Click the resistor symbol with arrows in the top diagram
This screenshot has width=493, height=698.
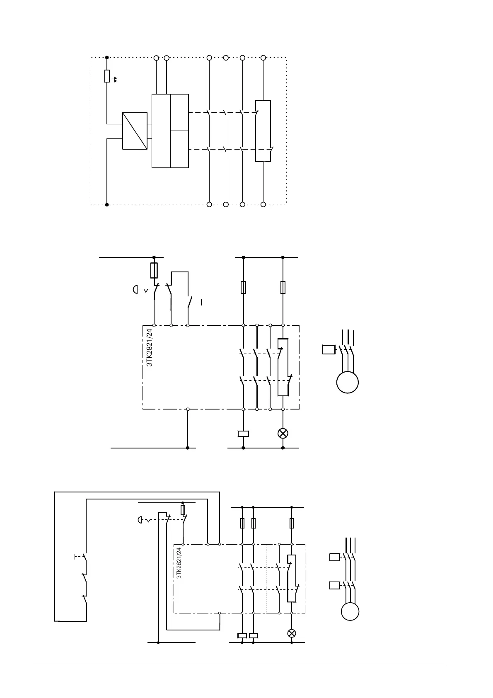point(107,76)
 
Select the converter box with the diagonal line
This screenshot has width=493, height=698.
point(135,131)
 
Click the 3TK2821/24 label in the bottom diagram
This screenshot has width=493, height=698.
point(179,563)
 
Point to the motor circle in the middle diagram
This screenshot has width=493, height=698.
point(347,382)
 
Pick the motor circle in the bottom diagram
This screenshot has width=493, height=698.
point(350,611)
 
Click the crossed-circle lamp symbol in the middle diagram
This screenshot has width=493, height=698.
point(283,434)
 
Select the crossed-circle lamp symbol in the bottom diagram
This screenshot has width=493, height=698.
point(292,633)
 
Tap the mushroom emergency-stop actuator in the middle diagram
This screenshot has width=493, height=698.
point(135,289)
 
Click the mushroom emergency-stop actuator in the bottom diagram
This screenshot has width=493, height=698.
point(140,519)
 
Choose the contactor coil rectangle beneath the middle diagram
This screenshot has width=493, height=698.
point(243,434)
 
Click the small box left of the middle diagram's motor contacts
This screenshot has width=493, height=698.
point(329,349)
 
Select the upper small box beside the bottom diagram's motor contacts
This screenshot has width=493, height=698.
point(334,557)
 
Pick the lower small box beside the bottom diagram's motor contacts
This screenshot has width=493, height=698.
point(334,585)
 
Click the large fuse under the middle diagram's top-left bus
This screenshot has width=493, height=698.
point(154,270)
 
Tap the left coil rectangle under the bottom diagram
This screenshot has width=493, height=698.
point(242,635)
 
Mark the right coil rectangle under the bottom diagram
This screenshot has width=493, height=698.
point(253,635)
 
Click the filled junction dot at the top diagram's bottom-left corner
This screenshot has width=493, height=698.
point(107,204)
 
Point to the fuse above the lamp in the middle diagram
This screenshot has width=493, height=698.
point(283,287)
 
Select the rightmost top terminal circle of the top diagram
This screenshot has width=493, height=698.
point(263,58)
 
